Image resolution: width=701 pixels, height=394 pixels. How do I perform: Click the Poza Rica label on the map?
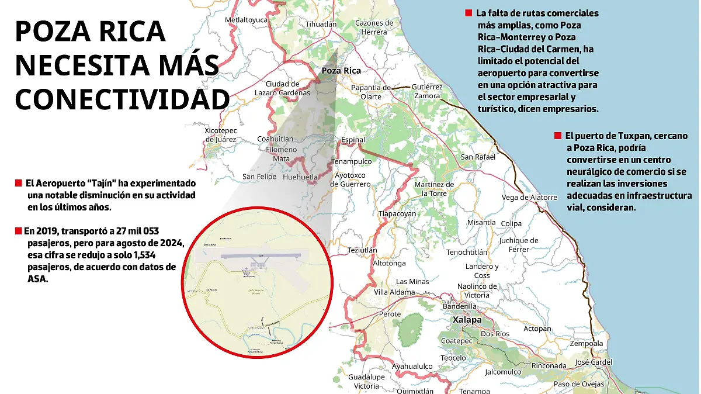click(341, 71)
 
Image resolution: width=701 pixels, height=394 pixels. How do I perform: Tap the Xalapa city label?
click(467, 320)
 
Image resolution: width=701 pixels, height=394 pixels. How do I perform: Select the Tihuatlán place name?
click(321, 24)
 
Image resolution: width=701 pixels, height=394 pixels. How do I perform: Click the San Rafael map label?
click(478, 157)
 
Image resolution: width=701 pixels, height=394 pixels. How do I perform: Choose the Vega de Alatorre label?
click(529, 198)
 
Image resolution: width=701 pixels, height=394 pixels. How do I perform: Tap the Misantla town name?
click(481, 223)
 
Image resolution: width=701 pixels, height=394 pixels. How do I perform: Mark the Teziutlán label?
click(362, 250)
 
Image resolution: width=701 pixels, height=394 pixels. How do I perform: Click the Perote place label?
click(390, 314)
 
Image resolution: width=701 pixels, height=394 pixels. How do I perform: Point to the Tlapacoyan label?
click(397, 213)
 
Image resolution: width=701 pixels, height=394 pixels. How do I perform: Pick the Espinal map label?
click(353, 140)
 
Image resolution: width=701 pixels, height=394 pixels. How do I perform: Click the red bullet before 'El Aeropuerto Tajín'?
click(18, 184)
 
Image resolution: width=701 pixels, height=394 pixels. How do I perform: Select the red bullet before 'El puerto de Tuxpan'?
click(558, 136)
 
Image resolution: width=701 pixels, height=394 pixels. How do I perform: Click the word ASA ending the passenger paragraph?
click(36, 279)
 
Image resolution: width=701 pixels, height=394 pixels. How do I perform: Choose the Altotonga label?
click(389, 264)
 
